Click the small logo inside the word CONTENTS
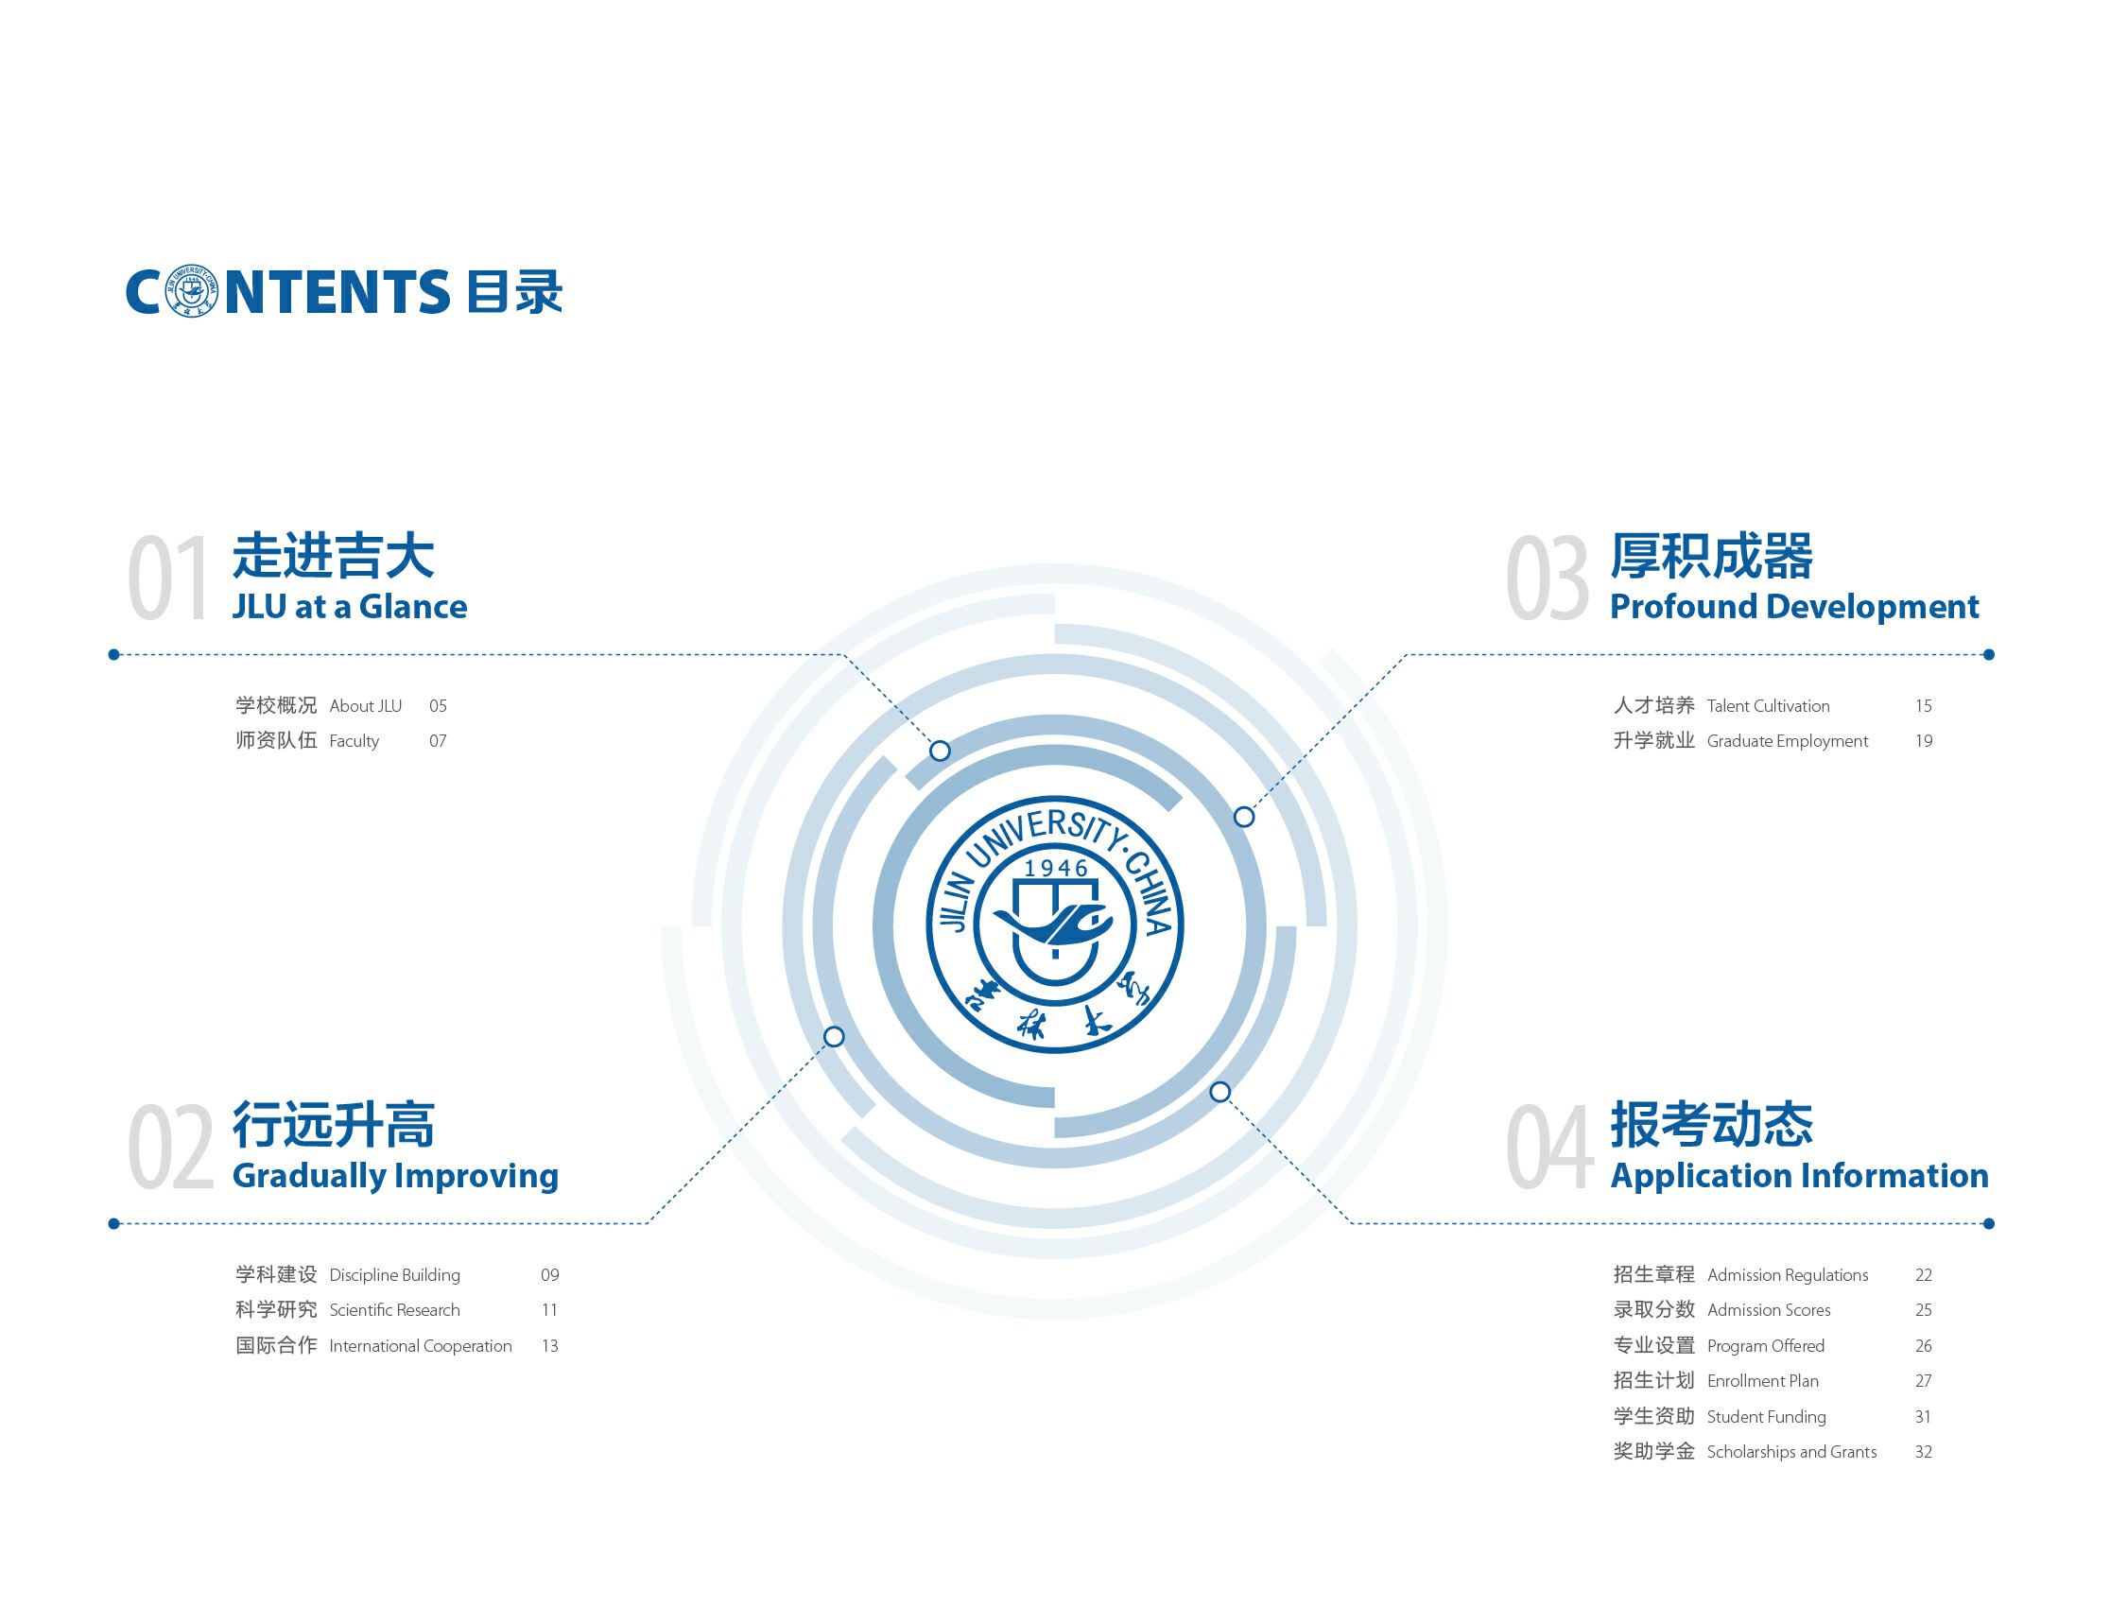click(x=192, y=291)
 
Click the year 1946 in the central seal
click(x=1056, y=869)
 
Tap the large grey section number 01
click(x=169, y=577)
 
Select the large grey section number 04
click(x=1549, y=1146)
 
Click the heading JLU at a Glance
click(x=350, y=607)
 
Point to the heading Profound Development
click(x=1794, y=607)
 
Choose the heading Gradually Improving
click(x=395, y=1176)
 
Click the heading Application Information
click(x=1799, y=1176)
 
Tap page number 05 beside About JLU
click(x=438, y=706)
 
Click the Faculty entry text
click(x=354, y=741)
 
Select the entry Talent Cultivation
click(x=1768, y=706)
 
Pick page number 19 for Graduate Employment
click(x=1924, y=741)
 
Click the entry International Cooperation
click(x=421, y=1346)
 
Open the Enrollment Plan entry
click(x=1762, y=1381)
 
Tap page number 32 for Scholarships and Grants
click(x=1924, y=1452)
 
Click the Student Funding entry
click(x=1766, y=1417)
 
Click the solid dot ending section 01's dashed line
click(x=114, y=655)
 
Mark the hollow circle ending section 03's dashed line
click(x=1244, y=818)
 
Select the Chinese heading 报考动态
click(x=1711, y=1125)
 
